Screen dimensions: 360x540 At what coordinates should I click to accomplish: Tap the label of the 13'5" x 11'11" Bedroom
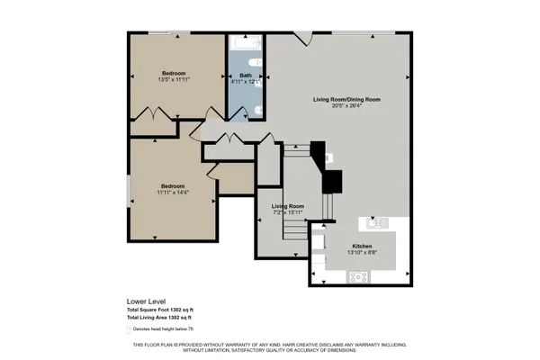point(174,73)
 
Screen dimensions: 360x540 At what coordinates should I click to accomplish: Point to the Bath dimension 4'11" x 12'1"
point(245,81)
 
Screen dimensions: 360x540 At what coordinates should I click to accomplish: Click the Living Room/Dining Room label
point(346,99)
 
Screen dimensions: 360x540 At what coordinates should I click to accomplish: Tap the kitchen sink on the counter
point(374,221)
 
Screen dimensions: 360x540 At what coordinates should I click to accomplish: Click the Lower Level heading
point(145,301)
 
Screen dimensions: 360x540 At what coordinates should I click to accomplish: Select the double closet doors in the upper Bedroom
point(157,115)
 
